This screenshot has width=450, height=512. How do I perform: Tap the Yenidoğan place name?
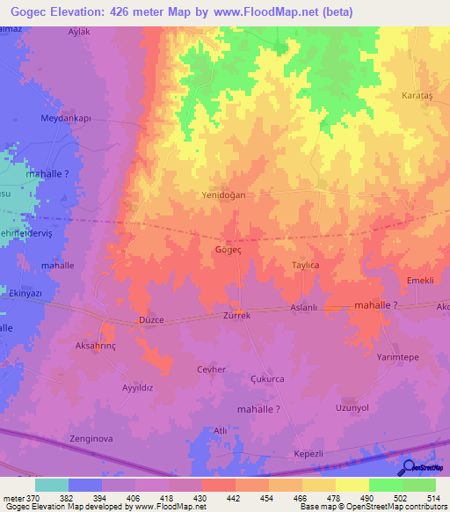(223, 194)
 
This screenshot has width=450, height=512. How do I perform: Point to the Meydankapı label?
(66, 118)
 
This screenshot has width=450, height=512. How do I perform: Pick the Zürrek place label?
(237, 315)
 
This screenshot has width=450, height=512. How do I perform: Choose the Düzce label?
(151, 320)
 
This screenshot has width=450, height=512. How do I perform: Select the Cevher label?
(212, 369)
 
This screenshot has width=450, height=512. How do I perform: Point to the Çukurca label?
(267, 379)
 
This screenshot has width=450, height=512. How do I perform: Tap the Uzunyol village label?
(353, 408)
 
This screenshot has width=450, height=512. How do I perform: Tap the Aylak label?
(80, 32)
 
